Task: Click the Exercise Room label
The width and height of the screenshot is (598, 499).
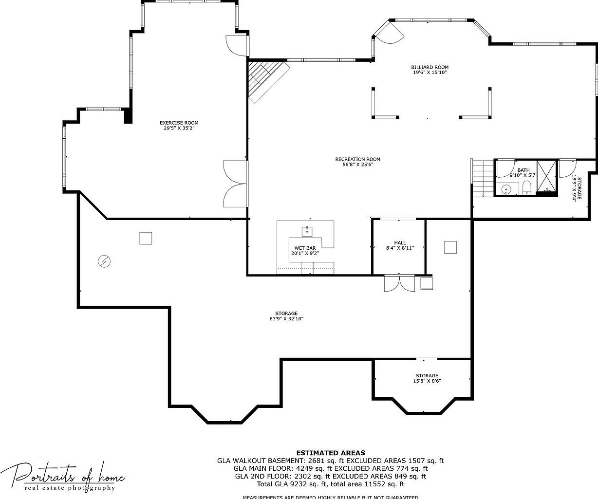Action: (x=179, y=123)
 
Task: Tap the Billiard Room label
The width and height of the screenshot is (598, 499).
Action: (x=430, y=67)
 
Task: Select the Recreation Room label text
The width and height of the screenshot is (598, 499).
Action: (x=357, y=159)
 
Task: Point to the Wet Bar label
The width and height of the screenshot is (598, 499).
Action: (x=305, y=248)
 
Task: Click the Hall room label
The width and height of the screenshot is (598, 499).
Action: (x=400, y=243)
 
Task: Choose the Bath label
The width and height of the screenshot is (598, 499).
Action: (x=523, y=170)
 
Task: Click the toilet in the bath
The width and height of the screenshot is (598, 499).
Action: (x=526, y=188)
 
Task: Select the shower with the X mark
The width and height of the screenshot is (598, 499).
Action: (x=547, y=177)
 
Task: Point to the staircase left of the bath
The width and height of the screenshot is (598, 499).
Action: (x=483, y=178)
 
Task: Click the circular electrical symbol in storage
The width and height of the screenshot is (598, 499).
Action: (x=104, y=261)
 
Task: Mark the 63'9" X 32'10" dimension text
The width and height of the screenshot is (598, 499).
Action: (x=286, y=319)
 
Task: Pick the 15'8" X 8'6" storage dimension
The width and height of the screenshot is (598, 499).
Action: (x=427, y=381)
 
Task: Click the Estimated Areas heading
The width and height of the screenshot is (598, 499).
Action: (x=330, y=453)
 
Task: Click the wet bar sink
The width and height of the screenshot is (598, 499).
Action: (x=307, y=229)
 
